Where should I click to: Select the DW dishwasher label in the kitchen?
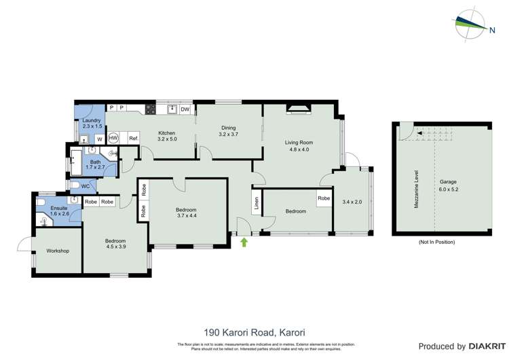185,109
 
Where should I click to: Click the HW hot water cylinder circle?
113,138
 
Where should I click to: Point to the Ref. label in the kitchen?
133,139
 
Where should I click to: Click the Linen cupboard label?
257,202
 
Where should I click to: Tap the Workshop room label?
58,251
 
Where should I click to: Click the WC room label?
85,185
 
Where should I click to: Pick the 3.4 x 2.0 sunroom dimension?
353,202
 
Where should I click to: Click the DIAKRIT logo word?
474,346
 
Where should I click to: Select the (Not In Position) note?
438,242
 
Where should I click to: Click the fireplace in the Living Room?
297,107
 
